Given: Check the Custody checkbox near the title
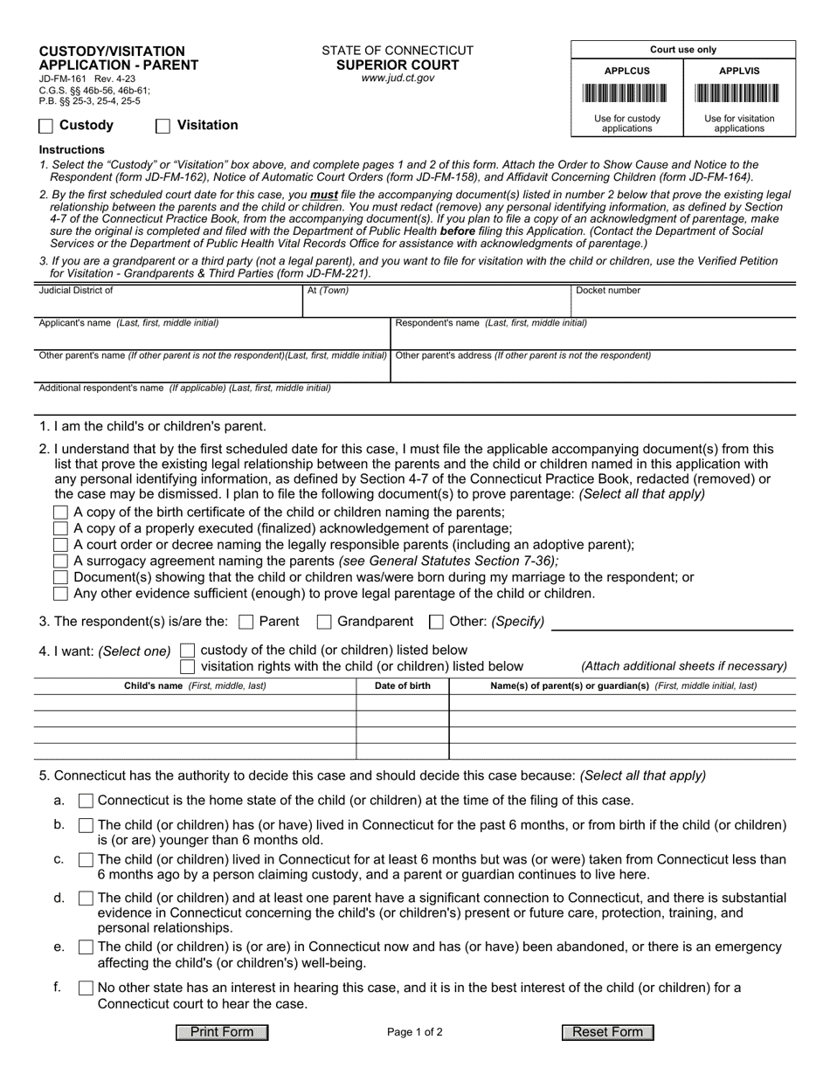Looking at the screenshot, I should (46, 126).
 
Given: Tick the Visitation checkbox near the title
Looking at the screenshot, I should (163, 126).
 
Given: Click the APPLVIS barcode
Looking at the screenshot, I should (739, 93).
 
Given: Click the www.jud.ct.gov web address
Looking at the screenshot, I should (398, 79).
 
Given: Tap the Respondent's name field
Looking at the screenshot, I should (592, 337).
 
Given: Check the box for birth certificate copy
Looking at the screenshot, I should (60, 513).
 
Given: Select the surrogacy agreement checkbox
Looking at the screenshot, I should (60, 561).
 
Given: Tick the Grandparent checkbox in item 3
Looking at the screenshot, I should (323, 623).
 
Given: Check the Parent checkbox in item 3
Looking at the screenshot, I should (246, 623).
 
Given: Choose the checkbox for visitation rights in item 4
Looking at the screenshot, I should (188, 667).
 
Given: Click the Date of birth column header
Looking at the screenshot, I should (402, 686).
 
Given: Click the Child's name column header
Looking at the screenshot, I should (195, 686).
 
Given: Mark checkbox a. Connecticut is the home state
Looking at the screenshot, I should (86, 801).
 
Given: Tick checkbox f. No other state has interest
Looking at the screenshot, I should (86, 988).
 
